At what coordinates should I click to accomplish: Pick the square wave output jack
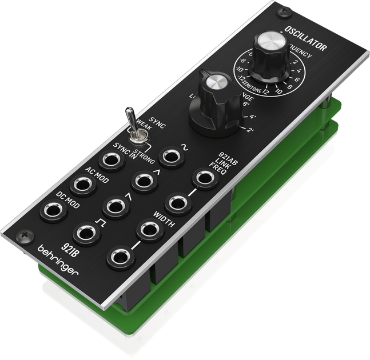pyautogui.click(x=86, y=233)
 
